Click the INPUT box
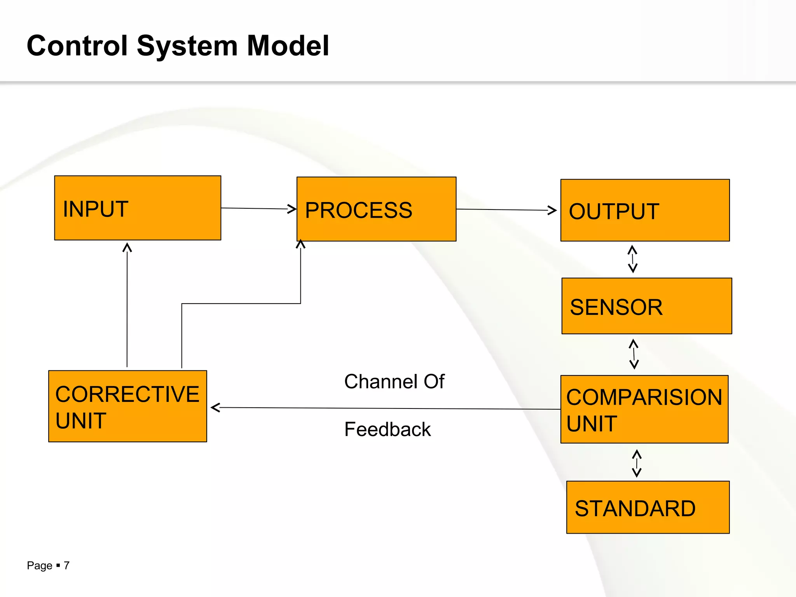pyautogui.click(x=138, y=208)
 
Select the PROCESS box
pyautogui.click(x=376, y=209)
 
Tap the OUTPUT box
pyautogui.click(x=645, y=210)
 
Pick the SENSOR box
pyautogui.click(x=646, y=306)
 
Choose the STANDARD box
pyautogui.click(x=648, y=507)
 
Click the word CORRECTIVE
pyautogui.click(x=127, y=394)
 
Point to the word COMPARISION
pyautogui.click(x=644, y=397)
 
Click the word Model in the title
pyautogui.click(x=288, y=46)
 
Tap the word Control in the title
pyautogui.click(x=77, y=46)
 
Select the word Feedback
pyautogui.click(x=388, y=429)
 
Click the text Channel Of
pyautogui.click(x=394, y=381)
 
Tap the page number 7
pyautogui.click(x=66, y=566)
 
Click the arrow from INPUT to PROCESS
pyautogui.click(x=258, y=209)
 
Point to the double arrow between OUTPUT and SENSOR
pyautogui.click(x=632, y=259)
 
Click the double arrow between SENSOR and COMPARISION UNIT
pyautogui.click(x=634, y=354)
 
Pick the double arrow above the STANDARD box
pyautogui.click(x=637, y=463)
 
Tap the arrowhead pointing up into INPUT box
pyautogui.click(x=127, y=248)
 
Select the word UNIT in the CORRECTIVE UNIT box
pyautogui.click(x=81, y=421)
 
